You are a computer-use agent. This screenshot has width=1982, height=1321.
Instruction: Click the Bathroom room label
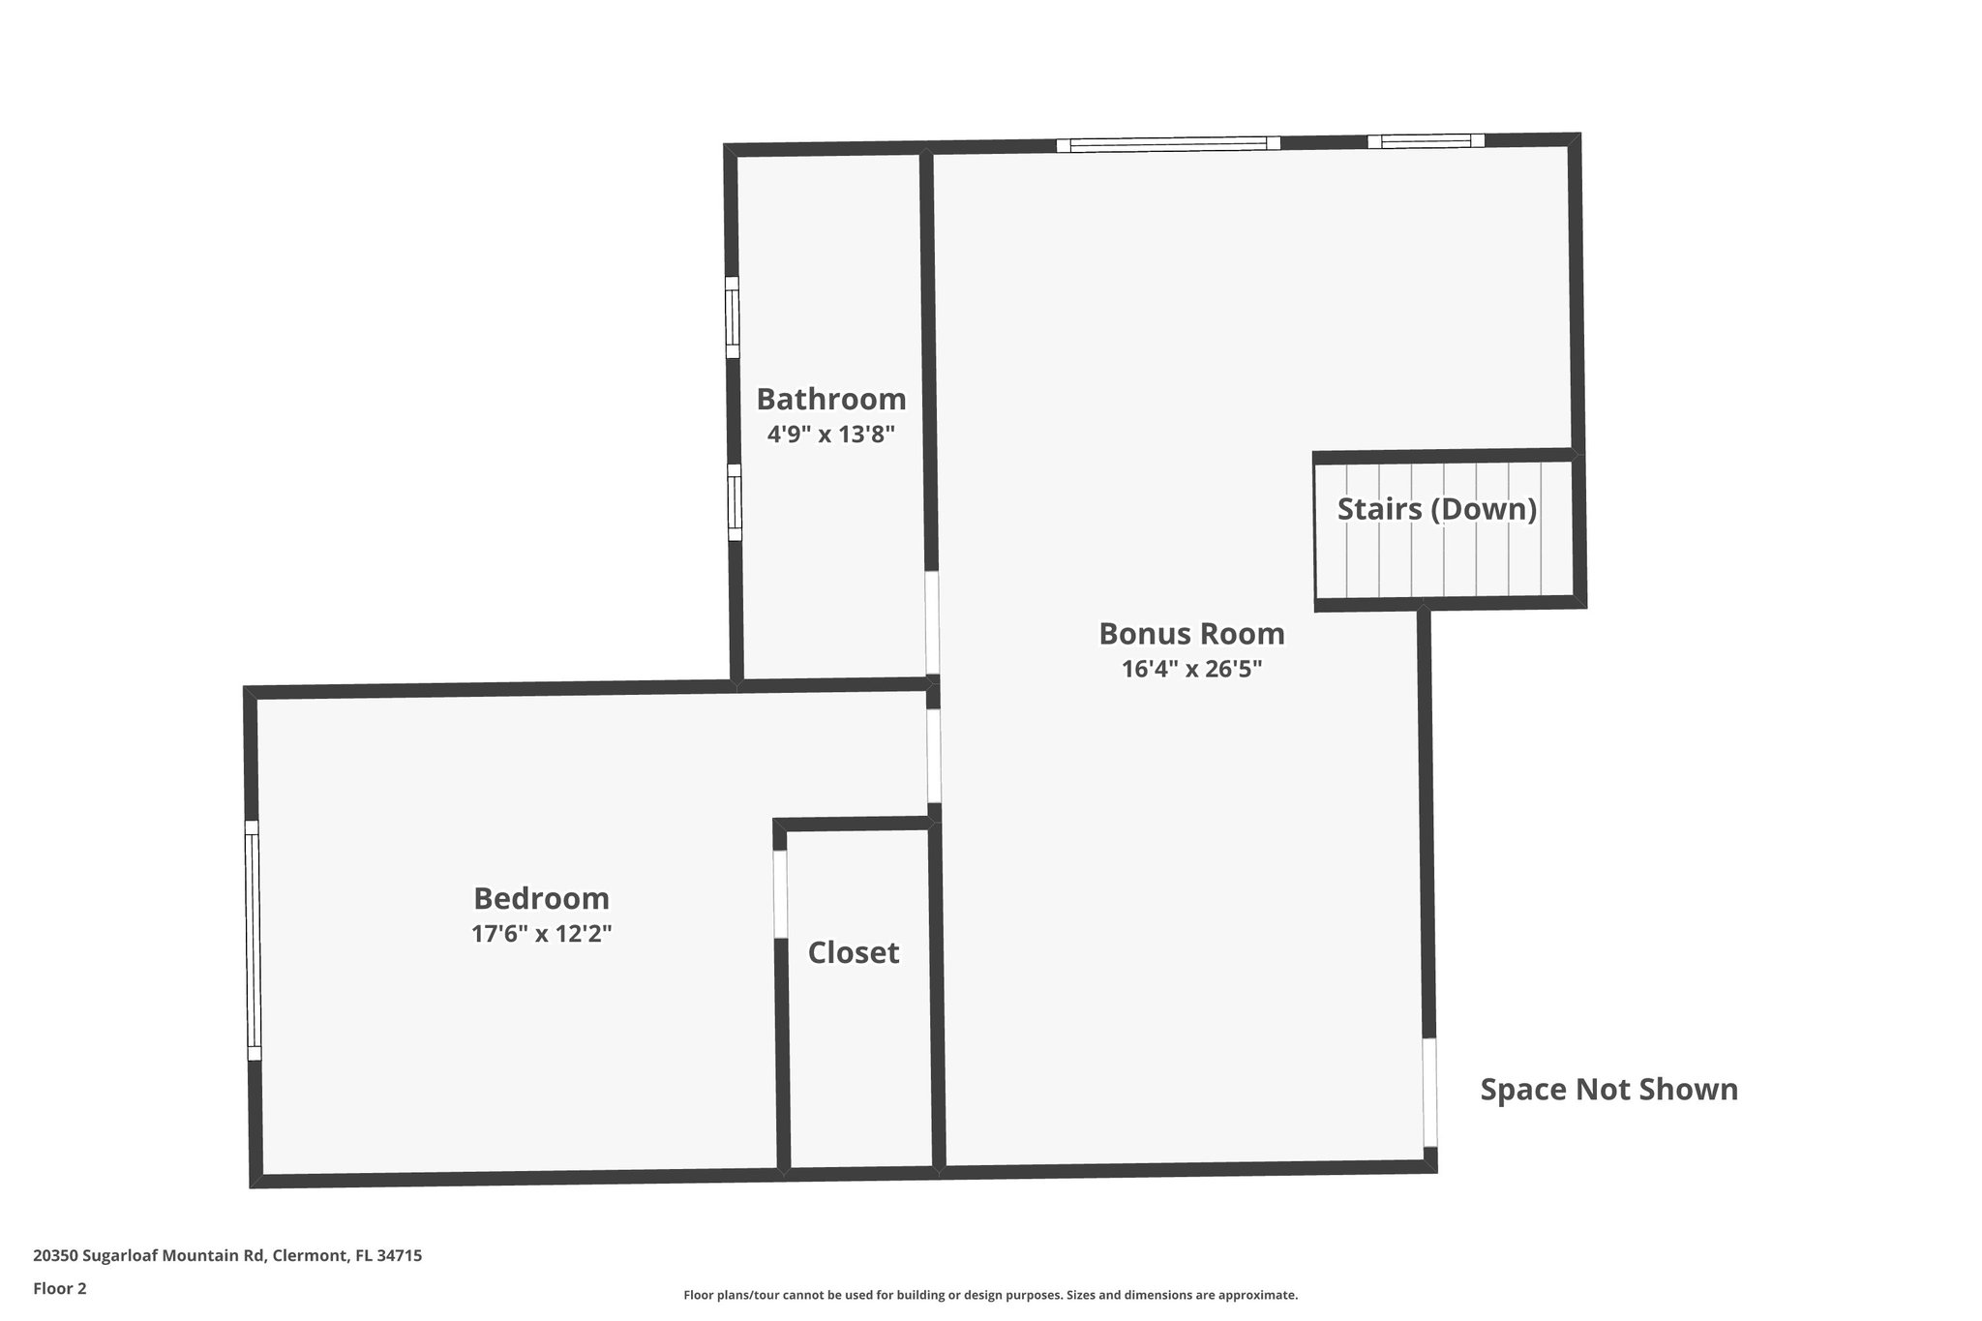(x=830, y=399)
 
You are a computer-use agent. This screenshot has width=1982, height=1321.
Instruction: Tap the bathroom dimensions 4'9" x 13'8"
(x=830, y=435)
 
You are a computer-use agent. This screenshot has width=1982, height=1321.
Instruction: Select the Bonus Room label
(x=1191, y=633)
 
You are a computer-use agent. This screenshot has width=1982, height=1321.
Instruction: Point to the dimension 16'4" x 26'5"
(x=1191, y=669)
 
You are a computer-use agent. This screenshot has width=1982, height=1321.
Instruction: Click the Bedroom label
(x=541, y=898)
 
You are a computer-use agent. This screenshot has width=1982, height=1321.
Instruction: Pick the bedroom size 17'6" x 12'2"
(x=541, y=934)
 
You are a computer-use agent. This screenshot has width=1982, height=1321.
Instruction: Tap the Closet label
(x=853, y=952)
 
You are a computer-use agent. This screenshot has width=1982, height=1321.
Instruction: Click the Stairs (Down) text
(x=1436, y=509)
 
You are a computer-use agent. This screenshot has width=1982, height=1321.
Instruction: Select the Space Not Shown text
(x=1608, y=1090)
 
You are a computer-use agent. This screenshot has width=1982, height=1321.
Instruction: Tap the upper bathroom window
(x=733, y=317)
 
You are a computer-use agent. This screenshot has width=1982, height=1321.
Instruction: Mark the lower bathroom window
(x=735, y=502)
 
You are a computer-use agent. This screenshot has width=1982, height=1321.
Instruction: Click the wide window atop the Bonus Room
(x=1168, y=144)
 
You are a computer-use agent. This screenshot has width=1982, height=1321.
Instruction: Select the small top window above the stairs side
(x=1426, y=141)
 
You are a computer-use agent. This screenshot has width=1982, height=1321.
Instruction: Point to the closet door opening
(x=780, y=893)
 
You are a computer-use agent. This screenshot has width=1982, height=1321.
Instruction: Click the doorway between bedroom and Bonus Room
(x=933, y=756)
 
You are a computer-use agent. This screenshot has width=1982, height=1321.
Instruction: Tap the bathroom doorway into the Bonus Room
(x=932, y=622)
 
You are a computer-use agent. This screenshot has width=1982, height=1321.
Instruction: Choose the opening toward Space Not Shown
(x=1429, y=1093)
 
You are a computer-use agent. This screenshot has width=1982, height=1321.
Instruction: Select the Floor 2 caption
(x=60, y=1288)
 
